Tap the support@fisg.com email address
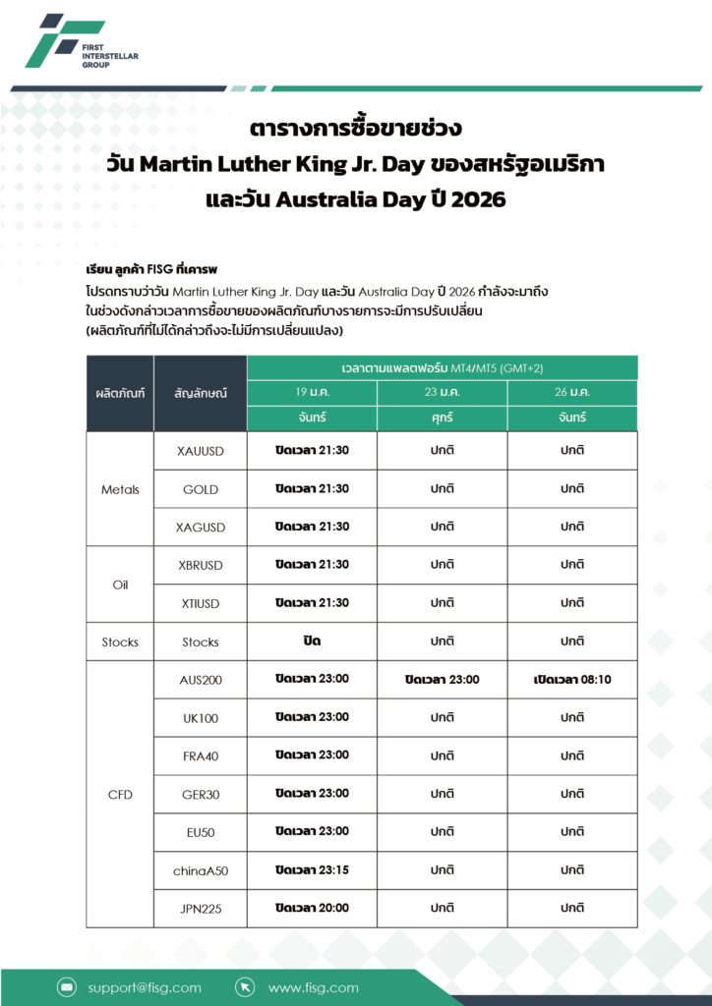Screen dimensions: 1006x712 144,987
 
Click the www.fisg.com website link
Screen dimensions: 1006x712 313,987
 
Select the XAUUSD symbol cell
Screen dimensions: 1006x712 200,451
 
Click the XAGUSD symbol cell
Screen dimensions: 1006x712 200,528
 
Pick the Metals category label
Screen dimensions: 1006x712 120,489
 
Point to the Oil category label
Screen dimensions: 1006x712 120,585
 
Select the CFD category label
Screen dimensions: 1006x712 120,794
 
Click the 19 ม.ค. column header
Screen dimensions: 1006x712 312,392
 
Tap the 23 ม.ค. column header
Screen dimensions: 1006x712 442,392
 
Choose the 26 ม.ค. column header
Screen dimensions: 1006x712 572,392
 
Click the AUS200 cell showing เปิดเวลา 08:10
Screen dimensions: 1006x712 572,679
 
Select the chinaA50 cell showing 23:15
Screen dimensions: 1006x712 312,869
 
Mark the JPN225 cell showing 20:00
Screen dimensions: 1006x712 312,908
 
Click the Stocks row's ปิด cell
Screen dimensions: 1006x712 312,641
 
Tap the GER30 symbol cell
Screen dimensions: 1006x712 200,794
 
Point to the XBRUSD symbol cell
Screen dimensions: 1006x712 200,565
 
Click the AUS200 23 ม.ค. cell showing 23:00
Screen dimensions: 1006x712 442,679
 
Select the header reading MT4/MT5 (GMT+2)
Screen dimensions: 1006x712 442,367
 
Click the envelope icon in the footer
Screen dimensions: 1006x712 67,987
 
